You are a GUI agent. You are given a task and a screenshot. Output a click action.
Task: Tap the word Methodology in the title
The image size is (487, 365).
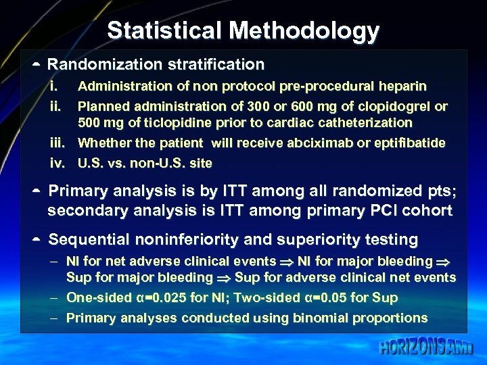coord(304,31)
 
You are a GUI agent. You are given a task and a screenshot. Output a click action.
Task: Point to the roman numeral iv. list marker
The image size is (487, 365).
coord(56,163)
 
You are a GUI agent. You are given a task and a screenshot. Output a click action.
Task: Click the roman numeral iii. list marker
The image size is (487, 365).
coord(57,143)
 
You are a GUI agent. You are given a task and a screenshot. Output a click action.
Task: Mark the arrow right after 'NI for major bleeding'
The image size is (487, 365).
coord(446,262)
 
